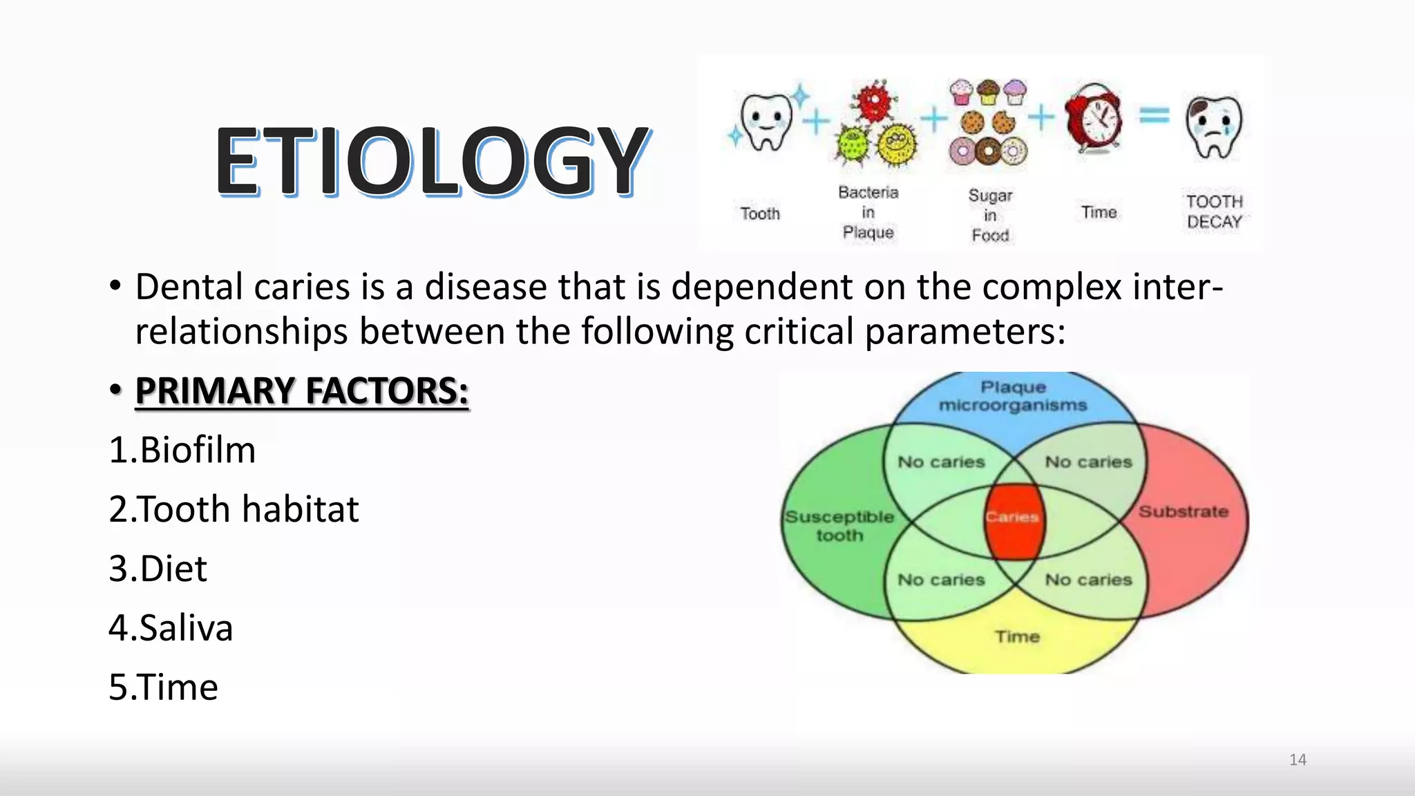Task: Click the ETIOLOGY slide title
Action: [x=433, y=161]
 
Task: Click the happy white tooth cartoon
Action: [x=766, y=122]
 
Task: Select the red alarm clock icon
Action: [x=1094, y=119]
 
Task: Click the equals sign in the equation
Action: [x=1154, y=115]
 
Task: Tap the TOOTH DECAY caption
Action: [x=1214, y=211]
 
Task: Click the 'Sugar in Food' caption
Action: [x=990, y=215]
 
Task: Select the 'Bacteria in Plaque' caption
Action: [x=868, y=212]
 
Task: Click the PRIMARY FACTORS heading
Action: [x=302, y=390]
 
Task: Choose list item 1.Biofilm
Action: [x=182, y=450]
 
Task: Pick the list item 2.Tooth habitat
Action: [x=234, y=509]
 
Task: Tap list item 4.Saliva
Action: [x=171, y=628]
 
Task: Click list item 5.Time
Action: [x=164, y=688]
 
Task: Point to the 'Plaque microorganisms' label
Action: [x=1013, y=396]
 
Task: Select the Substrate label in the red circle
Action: [x=1184, y=512]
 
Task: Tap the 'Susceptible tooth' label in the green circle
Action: [x=839, y=526]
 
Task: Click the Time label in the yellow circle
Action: [x=1017, y=636]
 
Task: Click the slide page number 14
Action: [x=1298, y=759]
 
